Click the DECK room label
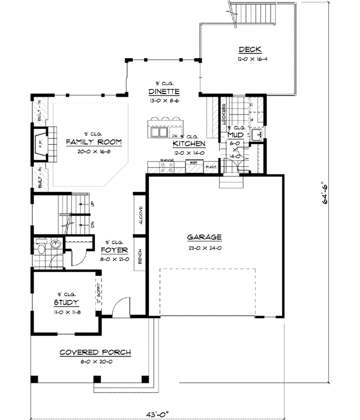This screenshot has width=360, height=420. click(x=248, y=49)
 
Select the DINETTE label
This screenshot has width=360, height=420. click(x=164, y=92)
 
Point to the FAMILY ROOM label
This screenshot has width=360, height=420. click(x=94, y=142)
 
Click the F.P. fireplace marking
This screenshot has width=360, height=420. click(x=40, y=145)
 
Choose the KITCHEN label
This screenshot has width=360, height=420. click(x=188, y=145)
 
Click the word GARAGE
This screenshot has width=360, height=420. click(x=205, y=236)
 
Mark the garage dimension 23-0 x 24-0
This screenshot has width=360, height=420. click(x=205, y=247)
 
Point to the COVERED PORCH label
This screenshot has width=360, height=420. click(x=95, y=352)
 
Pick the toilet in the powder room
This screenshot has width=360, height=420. click(x=41, y=247)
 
